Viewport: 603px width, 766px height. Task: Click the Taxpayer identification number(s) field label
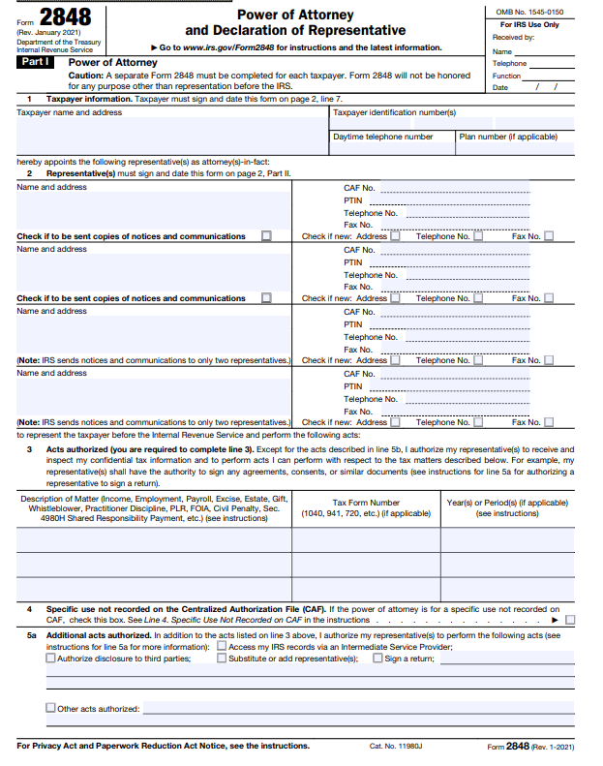click(394, 112)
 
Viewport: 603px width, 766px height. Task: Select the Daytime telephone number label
click(383, 138)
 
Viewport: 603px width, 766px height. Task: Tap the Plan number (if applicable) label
click(508, 138)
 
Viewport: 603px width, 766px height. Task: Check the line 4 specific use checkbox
click(570, 620)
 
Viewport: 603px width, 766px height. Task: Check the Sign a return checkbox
click(377, 659)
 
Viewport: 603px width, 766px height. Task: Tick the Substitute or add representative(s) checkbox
click(222, 659)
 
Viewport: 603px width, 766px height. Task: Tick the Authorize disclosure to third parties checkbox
click(51, 659)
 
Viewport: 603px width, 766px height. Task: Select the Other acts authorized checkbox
click(51, 708)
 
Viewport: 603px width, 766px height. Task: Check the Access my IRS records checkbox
click(222, 646)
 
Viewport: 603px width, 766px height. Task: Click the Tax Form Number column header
click(366, 507)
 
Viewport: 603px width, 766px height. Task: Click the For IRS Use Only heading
click(529, 24)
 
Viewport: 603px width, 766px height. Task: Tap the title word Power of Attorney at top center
click(295, 15)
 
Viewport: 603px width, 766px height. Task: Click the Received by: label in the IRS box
click(513, 37)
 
